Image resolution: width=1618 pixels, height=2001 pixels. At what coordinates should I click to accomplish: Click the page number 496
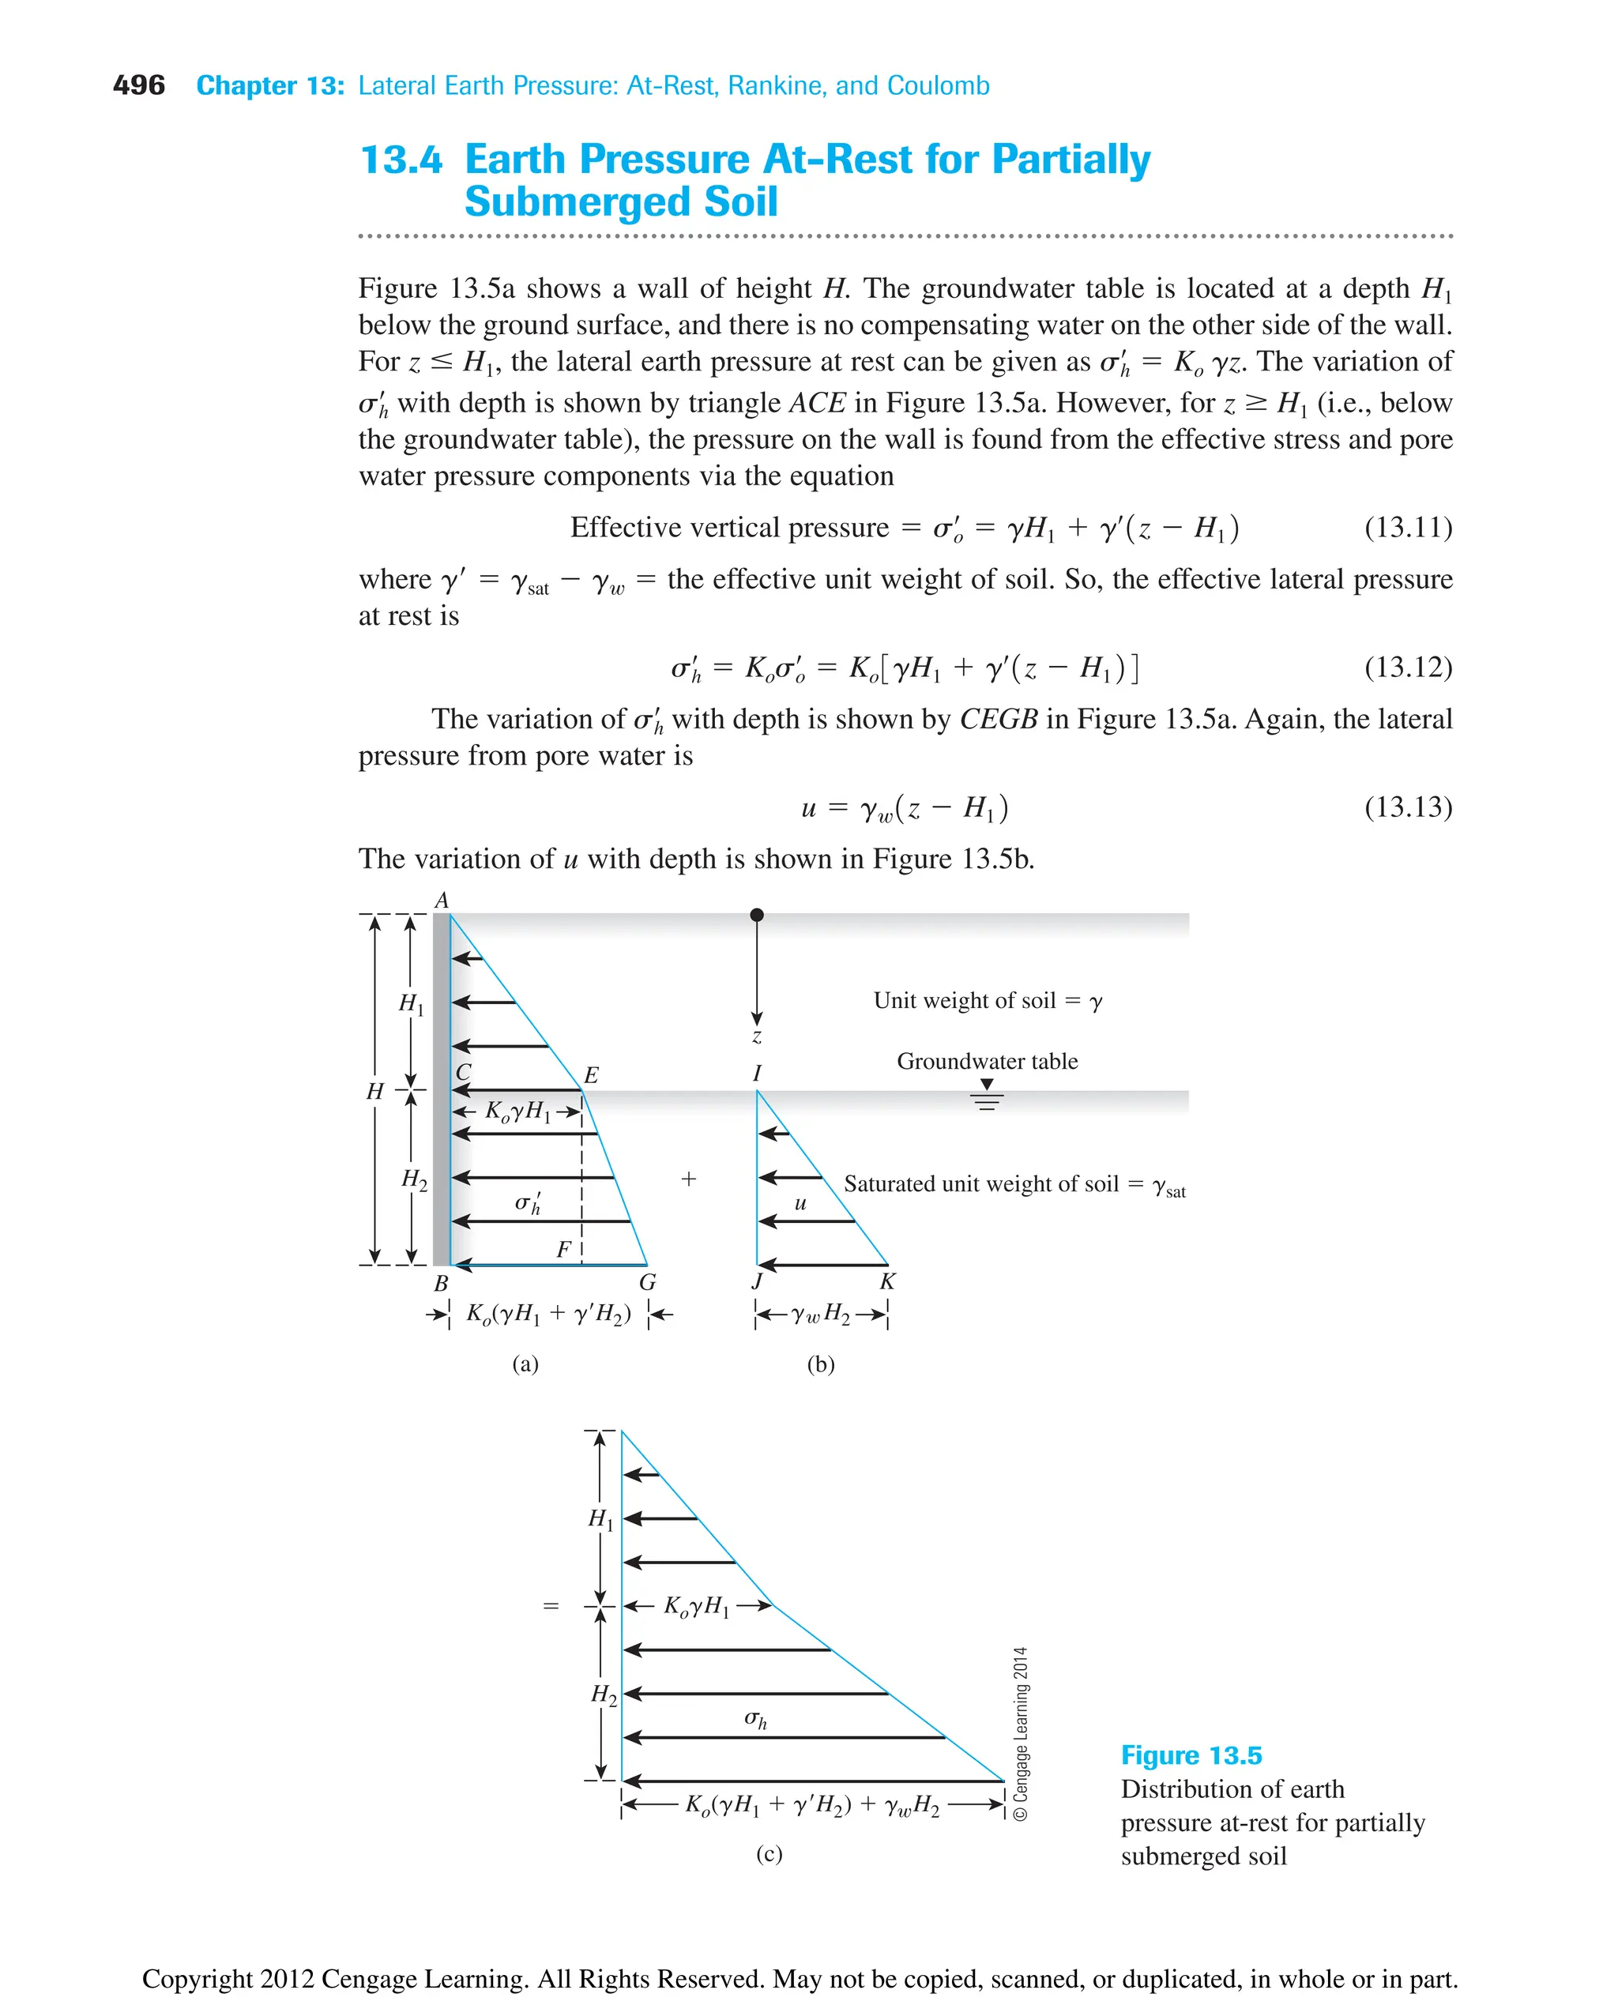[x=138, y=86]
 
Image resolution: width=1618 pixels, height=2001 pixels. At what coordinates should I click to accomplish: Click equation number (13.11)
[x=1407, y=528]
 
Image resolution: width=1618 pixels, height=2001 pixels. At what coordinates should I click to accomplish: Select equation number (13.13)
[x=1407, y=807]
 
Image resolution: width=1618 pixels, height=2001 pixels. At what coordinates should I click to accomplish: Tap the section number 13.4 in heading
[x=401, y=160]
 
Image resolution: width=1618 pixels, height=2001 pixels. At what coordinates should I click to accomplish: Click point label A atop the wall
[x=442, y=901]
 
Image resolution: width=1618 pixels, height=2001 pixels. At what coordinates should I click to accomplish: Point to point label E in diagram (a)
[x=591, y=1075]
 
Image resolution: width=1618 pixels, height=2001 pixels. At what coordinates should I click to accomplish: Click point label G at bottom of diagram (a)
[x=648, y=1282]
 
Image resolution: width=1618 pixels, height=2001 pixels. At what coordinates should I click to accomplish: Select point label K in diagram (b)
[x=887, y=1281]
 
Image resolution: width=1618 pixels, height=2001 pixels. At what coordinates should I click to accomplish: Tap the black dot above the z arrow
[x=757, y=916]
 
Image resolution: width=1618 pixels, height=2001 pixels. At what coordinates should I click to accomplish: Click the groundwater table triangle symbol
[x=987, y=1085]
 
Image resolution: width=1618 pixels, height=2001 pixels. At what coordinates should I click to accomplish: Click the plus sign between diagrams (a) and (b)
[x=689, y=1179]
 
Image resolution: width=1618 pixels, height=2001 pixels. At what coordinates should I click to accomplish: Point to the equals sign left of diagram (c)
[x=551, y=1607]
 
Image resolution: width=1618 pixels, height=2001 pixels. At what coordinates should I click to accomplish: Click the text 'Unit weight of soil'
[x=964, y=1001]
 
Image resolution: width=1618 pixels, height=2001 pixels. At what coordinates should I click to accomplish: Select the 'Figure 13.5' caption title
[x=1191, y=1756]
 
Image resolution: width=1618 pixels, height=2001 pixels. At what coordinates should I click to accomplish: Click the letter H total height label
[x=374, y=1092]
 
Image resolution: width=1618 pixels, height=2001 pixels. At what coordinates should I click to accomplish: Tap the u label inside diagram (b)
[x=800, y=1203]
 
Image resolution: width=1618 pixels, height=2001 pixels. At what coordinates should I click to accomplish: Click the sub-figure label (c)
[x=769, y=1854]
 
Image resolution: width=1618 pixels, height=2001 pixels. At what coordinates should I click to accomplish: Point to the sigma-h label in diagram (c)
[x=756, y=1721]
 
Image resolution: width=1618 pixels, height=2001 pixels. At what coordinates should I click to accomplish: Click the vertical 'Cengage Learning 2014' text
[x=1021, y=1733]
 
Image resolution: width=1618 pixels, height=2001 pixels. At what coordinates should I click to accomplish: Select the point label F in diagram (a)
[x=563, y=1250]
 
